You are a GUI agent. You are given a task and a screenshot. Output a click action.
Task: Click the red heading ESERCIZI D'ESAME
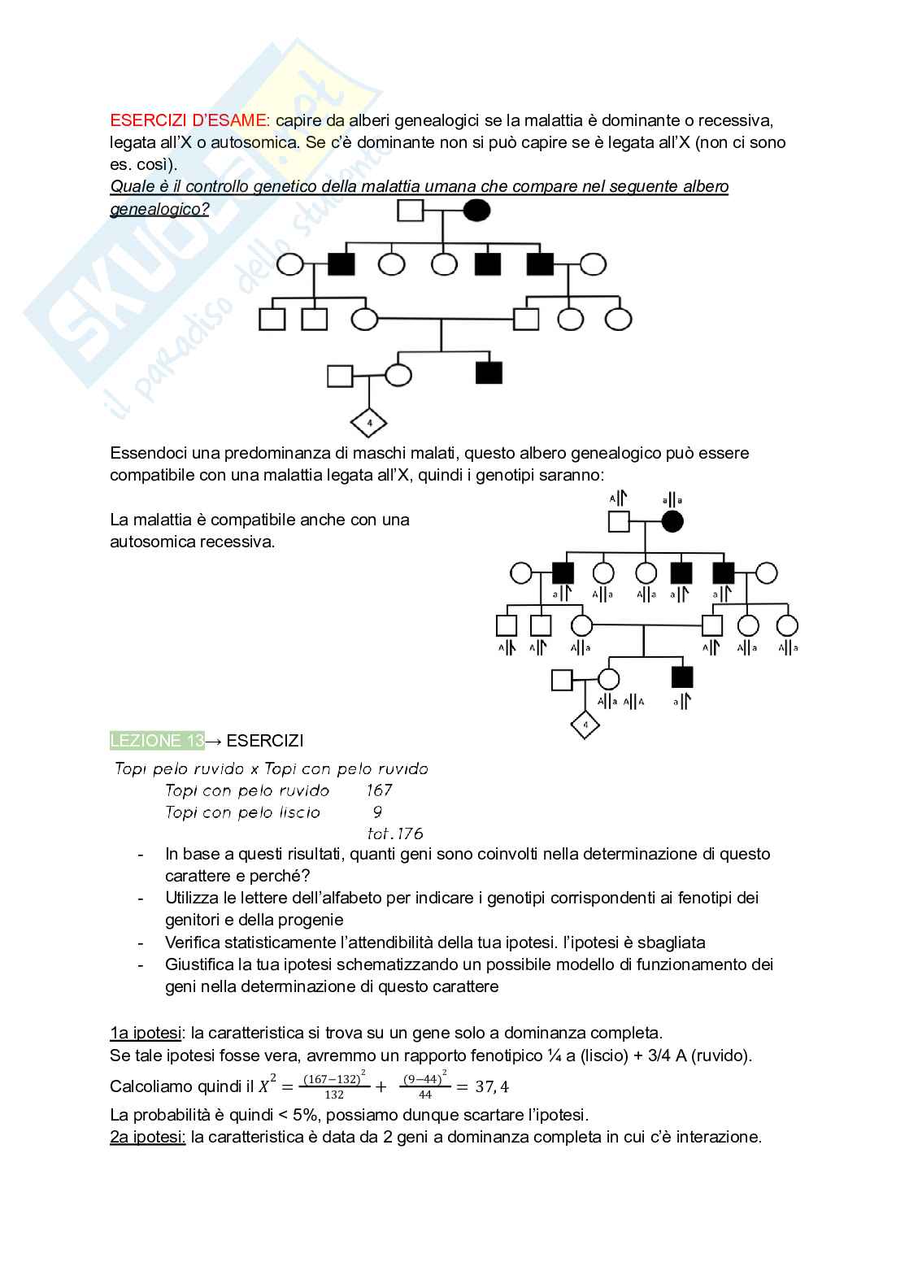189,120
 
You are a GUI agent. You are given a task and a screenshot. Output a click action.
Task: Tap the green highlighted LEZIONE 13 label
157,741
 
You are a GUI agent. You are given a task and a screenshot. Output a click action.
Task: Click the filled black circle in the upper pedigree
477,211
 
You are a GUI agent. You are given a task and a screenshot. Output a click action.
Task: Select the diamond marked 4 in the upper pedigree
368,423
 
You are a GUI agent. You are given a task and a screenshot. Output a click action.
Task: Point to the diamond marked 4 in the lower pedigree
585,724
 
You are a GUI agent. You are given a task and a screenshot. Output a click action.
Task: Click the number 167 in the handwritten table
379,790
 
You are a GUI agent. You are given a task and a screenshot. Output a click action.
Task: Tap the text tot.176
395,834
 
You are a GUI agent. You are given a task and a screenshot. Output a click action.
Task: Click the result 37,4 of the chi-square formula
492,1086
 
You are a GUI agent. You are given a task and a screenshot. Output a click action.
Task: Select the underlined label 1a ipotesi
146,1033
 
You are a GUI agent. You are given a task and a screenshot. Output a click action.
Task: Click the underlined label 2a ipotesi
147,1137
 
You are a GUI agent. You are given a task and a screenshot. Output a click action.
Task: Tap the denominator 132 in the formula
333,1095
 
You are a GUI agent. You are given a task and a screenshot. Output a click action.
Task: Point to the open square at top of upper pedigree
411,211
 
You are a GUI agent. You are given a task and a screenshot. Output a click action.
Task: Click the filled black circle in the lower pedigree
672,522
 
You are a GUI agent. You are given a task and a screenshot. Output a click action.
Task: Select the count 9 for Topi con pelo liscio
377,812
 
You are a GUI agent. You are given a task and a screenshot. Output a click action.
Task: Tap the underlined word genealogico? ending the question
159,209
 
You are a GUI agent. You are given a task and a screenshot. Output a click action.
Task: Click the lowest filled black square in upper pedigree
489,372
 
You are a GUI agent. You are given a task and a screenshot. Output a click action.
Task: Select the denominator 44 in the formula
424,1095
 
